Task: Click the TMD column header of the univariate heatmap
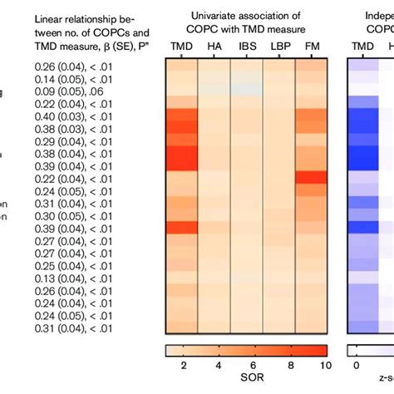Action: pyautogui.click(x=180, y=47)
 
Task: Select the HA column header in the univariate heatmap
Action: pyautogui.click(x=214, y=47)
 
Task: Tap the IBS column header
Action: pyautogui.click(x=246, y=47)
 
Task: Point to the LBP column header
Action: pyautogui.click(x=278, y=47)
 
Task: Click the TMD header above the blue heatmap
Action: pyautogui.click(x=364, y=47)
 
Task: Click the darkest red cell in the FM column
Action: pyautogui.click(x=313, y=177)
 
